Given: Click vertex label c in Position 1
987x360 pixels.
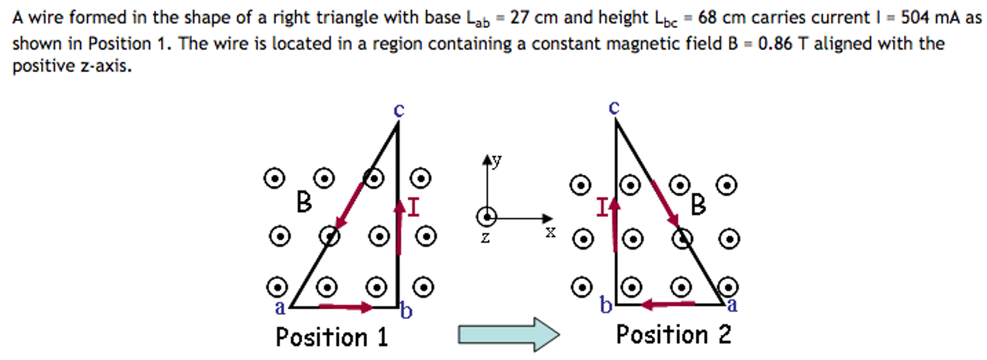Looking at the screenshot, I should tap(398, 111).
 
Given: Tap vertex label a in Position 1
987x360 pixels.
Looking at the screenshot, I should tap(280, 308).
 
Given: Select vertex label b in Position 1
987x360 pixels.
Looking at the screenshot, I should tap(407, 311).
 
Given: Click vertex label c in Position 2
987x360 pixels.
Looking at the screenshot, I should tap(614, 108).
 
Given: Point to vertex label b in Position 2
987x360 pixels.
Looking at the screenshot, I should tap(606, 305).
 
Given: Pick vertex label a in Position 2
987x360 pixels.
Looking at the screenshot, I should tap(732, 305).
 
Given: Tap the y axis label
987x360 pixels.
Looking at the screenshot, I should tap(497, 160).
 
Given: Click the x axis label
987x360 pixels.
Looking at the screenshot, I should tap(550, 233).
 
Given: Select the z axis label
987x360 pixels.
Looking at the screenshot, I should tap(485, 237).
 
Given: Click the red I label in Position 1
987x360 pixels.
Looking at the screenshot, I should tap(414, 208).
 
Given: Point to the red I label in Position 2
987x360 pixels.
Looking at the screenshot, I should tap(602, 208).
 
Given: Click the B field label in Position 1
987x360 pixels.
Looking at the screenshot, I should tap(304, 202).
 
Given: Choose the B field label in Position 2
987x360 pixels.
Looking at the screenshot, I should tap(698, 205).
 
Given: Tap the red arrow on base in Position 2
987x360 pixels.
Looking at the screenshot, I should tap(668, 304).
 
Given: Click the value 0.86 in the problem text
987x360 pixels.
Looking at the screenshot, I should tap(775, 44).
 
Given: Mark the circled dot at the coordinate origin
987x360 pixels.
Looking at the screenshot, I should tap(487, 217).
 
